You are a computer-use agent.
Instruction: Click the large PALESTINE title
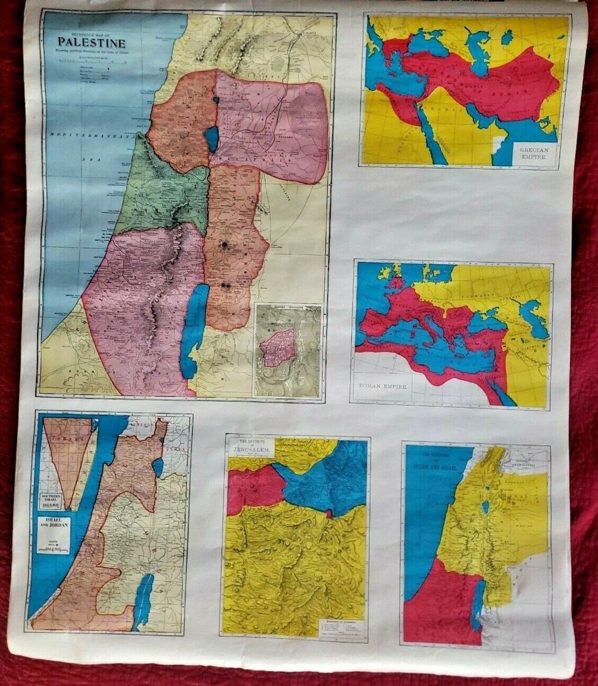click(91, 42)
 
